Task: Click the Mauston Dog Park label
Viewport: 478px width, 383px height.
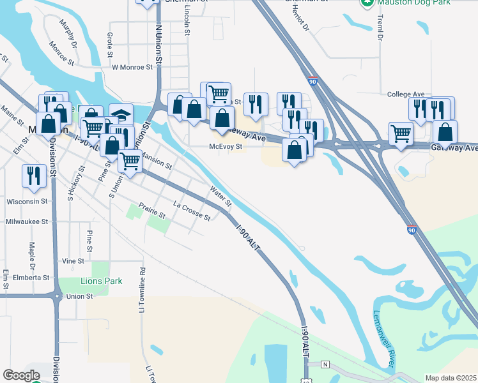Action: click(414, 3)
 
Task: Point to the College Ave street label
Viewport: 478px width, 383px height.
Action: click(406, 94)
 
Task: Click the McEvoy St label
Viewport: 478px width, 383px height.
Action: click(226, 146)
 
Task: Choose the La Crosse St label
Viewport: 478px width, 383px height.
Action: click(192, 211)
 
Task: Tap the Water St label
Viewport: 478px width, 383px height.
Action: click(220, 195)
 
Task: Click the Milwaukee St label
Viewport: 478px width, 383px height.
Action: click(27, 222)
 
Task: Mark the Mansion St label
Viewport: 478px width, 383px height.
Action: click(156, 160)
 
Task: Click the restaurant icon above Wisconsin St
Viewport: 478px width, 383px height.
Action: click(33, 175)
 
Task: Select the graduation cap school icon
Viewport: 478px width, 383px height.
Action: click(121, 114)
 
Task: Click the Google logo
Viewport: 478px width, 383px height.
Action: click(21, 375)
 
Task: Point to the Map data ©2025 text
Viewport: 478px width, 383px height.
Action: click(451, 378)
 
